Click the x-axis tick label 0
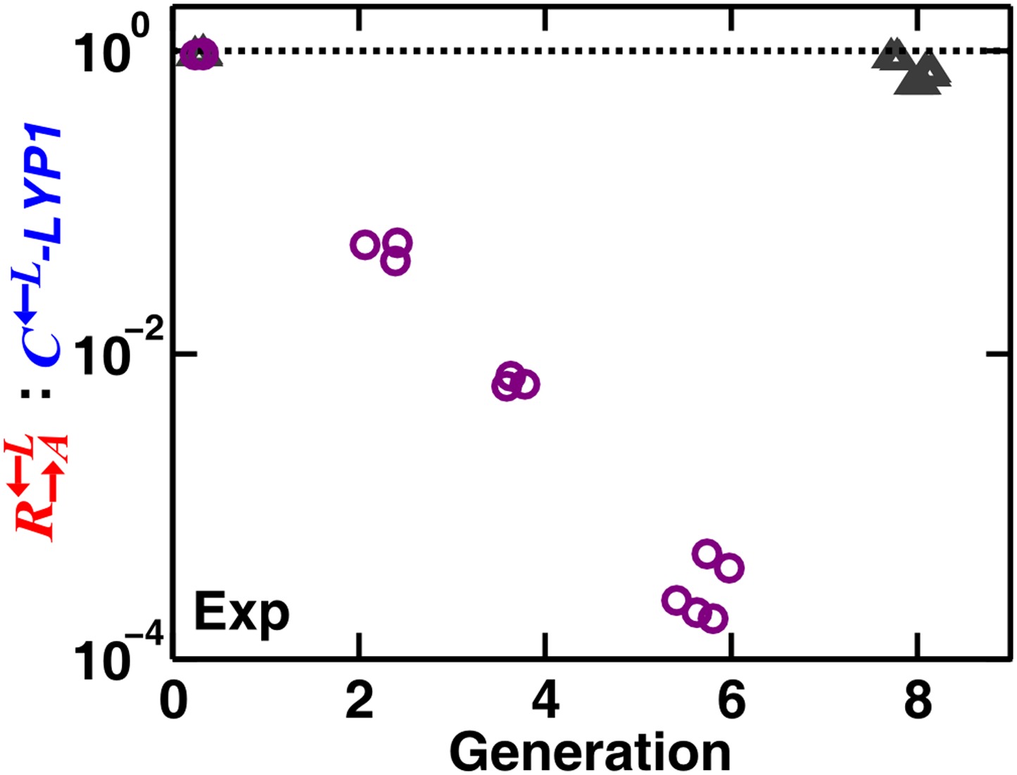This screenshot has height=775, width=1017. [174, 701]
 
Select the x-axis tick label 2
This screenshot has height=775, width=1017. [360, 701]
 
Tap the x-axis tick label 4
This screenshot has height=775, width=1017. [545, 701]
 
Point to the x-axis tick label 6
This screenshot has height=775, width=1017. [731, 701]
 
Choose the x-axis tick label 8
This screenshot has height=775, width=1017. [917, 701]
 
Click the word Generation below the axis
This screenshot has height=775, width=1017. [590, 751]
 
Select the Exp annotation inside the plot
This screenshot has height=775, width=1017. [241, 613]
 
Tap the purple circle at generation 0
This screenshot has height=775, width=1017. [199, 53]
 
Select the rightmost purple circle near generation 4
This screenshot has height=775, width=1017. [526, 385]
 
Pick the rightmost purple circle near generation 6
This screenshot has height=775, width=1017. [730, 567]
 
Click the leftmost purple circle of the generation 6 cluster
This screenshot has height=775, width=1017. [676, 600]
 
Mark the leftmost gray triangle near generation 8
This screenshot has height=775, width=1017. [892, 54]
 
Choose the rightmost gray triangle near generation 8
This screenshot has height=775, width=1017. [930, 70]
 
